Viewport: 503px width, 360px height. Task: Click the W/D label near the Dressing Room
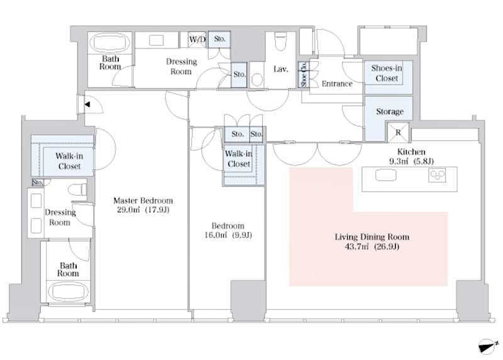tap(197, 40)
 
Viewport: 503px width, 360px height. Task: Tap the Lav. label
tap(280, 69)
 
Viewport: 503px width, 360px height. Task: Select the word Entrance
tap(337, 84)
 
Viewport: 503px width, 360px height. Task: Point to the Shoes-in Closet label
tap(387, 74)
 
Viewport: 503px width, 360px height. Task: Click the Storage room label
tap(389, 111)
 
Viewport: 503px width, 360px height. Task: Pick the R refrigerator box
tap(399, 133)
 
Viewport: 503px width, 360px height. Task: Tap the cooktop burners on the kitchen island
tap(437, 176)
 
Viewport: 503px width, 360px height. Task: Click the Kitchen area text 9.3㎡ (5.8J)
tap(412, 161)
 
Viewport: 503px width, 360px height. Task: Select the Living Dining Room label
tap(372, 237)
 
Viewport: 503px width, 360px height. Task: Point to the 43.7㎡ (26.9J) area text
tap(372, 247)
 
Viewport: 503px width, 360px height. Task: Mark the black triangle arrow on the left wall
tap(87, 104)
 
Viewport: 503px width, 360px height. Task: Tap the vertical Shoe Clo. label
tap(303, 75)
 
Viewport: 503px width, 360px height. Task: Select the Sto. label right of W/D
tap(219, 40)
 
